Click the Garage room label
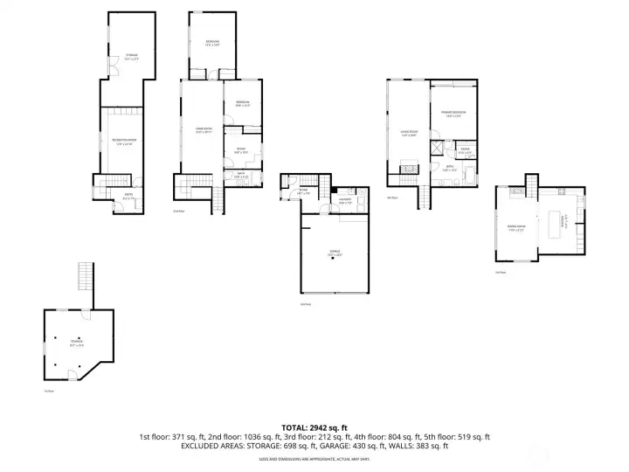tap(335, 252)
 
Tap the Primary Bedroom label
tap(452, 114)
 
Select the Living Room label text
tap(408, 134)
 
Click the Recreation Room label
tap(122, 142)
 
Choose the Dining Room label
tap(515, 229)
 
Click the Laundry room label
tap(345, 201)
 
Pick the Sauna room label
tap(465, 150)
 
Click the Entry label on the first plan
tap(128, 198)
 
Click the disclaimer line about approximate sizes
tap(314, 458)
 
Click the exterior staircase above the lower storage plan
tap(86, 278)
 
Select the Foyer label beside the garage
tap(302, 191)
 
